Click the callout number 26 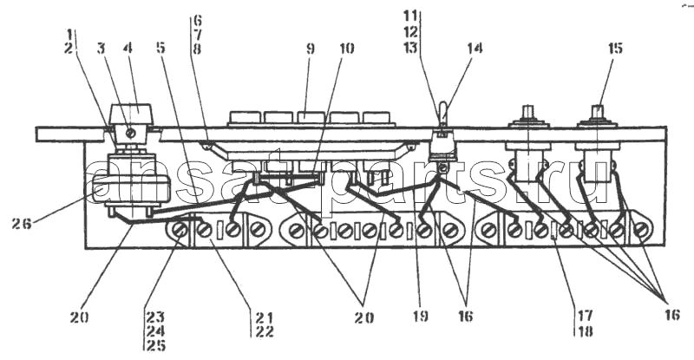click(22, 224)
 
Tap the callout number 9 click(311, 49)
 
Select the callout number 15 click(615, 48)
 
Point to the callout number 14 click(474, 48)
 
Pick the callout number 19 click(420, 316)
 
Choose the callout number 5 click(160, 48)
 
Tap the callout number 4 click(128, 48)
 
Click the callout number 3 click(101, 48)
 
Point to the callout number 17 click(584, 316)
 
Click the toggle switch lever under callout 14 click(442, 115)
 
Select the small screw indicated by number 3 click(130, 133)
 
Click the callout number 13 click(410, 47)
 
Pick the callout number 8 click(198, 48)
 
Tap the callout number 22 click(265, 331)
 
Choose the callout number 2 click(69, 48)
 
